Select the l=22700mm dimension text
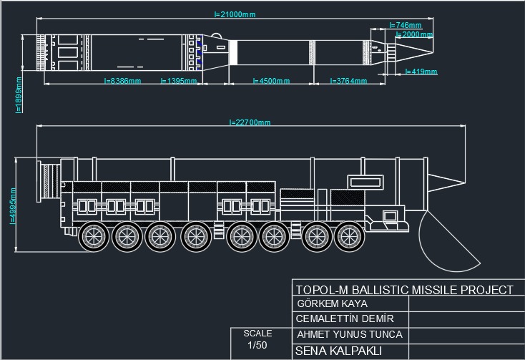250,122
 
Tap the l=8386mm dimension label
122,82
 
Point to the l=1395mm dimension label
178,82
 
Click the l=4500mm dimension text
271,82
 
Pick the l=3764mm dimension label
348,82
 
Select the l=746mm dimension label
406,26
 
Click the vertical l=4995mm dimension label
13,206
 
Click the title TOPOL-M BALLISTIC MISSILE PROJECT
404,290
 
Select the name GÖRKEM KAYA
332,303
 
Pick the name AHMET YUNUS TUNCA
349,334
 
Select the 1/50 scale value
257,346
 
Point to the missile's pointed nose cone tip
432,52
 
